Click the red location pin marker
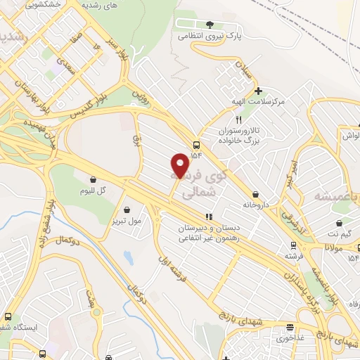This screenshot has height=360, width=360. click(x=181, y=165)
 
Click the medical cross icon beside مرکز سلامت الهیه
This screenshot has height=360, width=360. click(x=259, y=91)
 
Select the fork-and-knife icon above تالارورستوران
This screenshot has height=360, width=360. click(x=240, y=120)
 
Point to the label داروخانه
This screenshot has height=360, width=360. click(x=257, y=205)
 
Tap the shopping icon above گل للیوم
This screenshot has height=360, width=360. click(x=93, y=179)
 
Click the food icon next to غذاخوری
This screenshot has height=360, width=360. click(x=290, y=327)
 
